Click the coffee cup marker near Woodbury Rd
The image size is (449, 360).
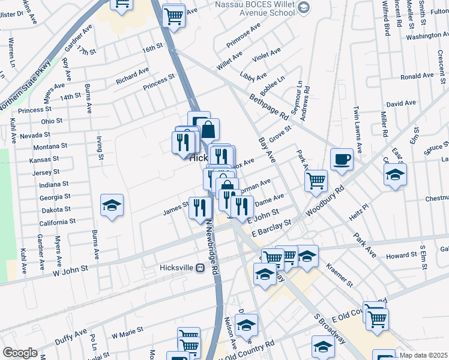pyautogui.click(x=342, y=160)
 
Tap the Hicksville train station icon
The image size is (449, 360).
pyautogui.click(x=200, y=268)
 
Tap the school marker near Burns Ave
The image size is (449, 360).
pyautogui.click(x=112, y=206)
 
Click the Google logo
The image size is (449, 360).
pyautogui.click(x=20, y=353)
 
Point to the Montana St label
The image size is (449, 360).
pyautogui.click(x=50, y=146)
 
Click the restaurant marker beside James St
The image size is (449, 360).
pyautogui.click(x=200, y=209)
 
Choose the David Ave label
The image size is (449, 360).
pyautogui.click(x=401, y=103)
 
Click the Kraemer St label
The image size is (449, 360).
pyautogui.click(x=339, y=272)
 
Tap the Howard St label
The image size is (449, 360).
pyautogui.click(x=401, y=256)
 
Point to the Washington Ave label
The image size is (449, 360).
pyautogui.click(x=427, y=36)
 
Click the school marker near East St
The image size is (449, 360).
pyautogui.click(x=395, y=175)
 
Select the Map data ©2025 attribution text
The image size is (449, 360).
pyautogui.click(x=423, y=355)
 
